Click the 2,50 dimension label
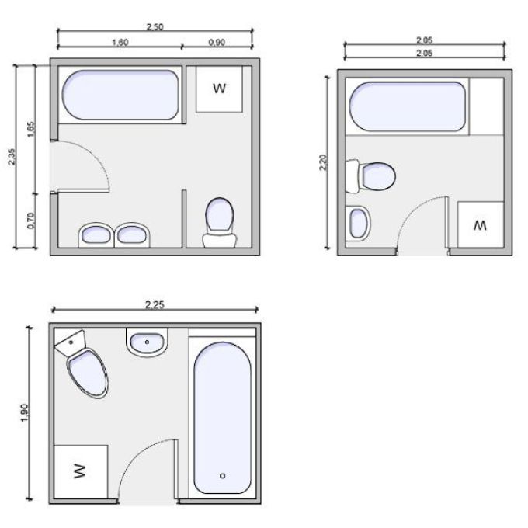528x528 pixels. coord(155,26)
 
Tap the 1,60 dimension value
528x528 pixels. coord(120,43)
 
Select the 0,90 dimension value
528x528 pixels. coord(217,43)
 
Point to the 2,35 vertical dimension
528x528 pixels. coord(12,157)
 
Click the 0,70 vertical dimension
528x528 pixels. coord(31,221)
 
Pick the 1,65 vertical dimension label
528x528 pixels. coord(30,129)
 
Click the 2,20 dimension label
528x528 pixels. coord(323,162)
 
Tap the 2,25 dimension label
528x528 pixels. coord(155,304)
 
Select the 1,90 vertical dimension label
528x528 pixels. coord(25,412)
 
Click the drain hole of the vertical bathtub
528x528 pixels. coord(222,476)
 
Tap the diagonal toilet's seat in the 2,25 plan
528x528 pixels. coord(89,373)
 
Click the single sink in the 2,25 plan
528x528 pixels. coord(147,342)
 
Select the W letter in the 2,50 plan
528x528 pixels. coord(219,89)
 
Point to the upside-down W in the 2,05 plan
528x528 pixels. coord(480,225)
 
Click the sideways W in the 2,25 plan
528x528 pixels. coord(80,471)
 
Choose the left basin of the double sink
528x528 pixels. coord(96,234)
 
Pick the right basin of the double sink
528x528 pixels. coord(132,234)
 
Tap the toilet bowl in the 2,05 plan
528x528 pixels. coord(378,176)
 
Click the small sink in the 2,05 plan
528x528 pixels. coord(358,224)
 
